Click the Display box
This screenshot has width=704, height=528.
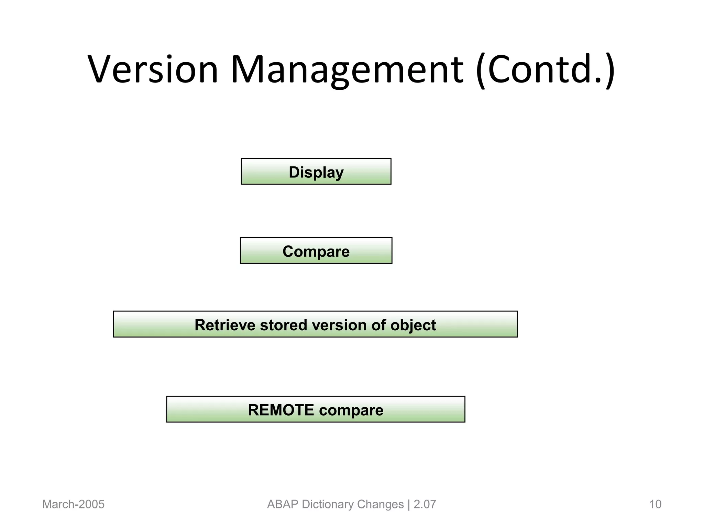[x=316, y=172]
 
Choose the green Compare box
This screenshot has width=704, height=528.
[x=316, y=251]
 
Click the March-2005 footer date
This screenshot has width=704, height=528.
[x=73, y=504]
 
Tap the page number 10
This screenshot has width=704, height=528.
[x=655, y=504]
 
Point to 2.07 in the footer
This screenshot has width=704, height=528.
[x=425, y=504]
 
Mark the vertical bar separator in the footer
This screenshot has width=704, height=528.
[x=409, y=504]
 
